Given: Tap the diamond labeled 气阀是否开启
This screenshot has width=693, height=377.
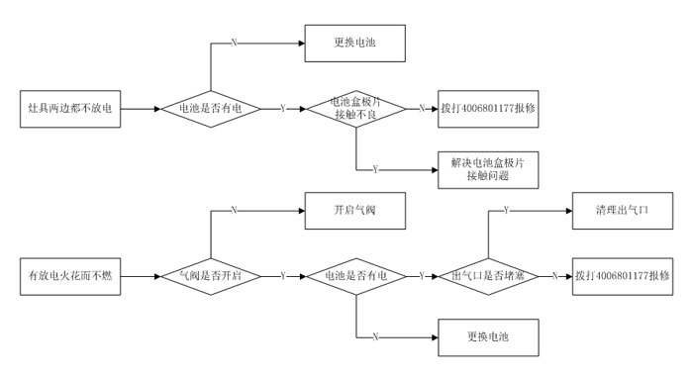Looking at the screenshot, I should [211, 274].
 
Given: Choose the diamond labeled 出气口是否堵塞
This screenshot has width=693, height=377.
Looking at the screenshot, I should [489, 274].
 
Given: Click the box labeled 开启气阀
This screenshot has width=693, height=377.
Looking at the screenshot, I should [351, 211].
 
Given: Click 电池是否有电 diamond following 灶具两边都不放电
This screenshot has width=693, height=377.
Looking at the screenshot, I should [211, 107].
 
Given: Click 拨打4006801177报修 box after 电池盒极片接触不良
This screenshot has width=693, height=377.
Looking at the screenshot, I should [489, 107].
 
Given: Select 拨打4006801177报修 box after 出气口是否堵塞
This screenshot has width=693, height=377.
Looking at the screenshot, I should [622, 274].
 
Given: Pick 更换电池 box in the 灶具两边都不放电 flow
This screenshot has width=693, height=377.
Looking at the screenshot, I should [351, 44].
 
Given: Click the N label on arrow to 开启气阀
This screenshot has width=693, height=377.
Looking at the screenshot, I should [234, 211].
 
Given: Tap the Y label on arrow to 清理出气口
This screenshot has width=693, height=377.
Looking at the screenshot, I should [507, 211].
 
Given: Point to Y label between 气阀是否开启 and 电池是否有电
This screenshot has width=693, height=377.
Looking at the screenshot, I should [283, 274].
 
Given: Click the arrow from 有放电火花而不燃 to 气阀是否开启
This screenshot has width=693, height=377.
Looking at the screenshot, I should [145, 274].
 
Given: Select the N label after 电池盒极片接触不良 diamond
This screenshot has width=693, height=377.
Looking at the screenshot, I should [422, 107].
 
